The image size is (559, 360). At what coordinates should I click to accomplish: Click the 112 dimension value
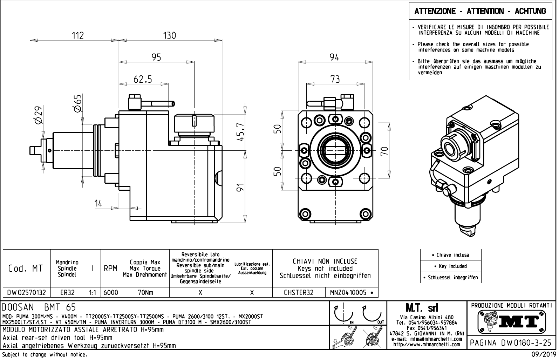coord(78,35)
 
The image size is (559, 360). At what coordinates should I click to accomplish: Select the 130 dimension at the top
coord(170,35)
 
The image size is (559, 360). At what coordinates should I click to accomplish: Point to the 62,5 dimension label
coord(143,79)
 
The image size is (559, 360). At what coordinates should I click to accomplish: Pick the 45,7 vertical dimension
coord(240,132)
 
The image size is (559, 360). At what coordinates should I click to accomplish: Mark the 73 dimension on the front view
coord(335,79)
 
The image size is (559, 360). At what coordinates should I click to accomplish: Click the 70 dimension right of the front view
coord(384,151)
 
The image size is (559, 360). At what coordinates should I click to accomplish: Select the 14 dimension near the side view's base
coord(98,203)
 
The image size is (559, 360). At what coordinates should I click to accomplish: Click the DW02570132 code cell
coord(27,292)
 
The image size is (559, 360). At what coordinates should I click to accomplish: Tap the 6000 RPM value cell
coord(111,292)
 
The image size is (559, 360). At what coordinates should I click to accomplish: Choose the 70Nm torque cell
coord(145,292)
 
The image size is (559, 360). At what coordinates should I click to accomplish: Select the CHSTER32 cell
coord(299,292)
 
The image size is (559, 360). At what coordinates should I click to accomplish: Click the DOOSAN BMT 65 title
coord(39,307)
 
